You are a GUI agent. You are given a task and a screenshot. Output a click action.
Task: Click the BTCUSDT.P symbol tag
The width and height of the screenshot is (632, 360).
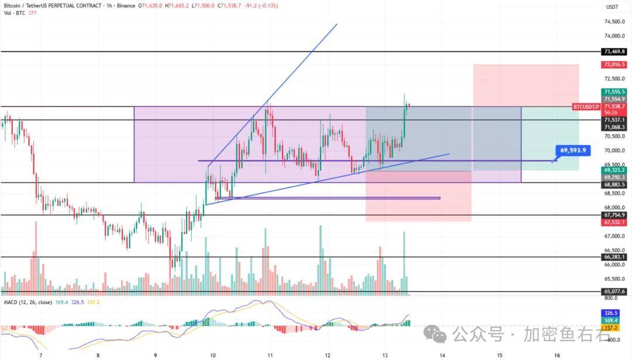click(x=586, y=107)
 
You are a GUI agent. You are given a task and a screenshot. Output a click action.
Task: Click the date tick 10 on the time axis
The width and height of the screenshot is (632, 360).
click(x=212, y=355)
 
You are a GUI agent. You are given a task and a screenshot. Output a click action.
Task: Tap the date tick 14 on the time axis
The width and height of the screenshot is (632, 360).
click(x=442, y=355)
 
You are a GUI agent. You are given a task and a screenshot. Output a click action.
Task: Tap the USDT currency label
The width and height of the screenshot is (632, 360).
click(x=613, y=7)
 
